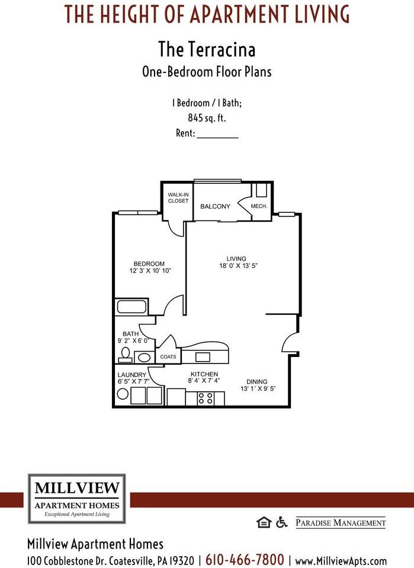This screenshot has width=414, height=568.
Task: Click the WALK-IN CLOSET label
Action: point(178,197)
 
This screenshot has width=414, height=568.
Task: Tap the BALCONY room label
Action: point(215,206)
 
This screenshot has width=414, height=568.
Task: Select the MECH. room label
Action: point(259,206)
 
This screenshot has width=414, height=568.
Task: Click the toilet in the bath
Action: point(125,354)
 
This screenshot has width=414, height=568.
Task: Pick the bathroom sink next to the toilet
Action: point(143,357)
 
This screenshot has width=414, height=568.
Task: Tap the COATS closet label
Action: point(168,358)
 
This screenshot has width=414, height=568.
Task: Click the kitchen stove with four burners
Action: point(206,398)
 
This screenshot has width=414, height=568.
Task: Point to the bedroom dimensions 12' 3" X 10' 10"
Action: point(149,271)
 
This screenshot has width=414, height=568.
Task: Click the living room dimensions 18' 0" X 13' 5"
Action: point(238,266)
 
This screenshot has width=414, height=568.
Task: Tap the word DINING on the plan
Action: point(257,381)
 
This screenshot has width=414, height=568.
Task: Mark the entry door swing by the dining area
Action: point(288,343)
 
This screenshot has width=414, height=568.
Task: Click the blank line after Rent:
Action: point(217,134)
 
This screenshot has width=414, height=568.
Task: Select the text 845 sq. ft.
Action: point(207,118)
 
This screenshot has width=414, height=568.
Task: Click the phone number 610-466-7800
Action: point(245,559)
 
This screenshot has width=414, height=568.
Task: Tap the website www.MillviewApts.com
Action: point(341,560)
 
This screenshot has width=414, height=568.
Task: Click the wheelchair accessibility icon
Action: point(281,522)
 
